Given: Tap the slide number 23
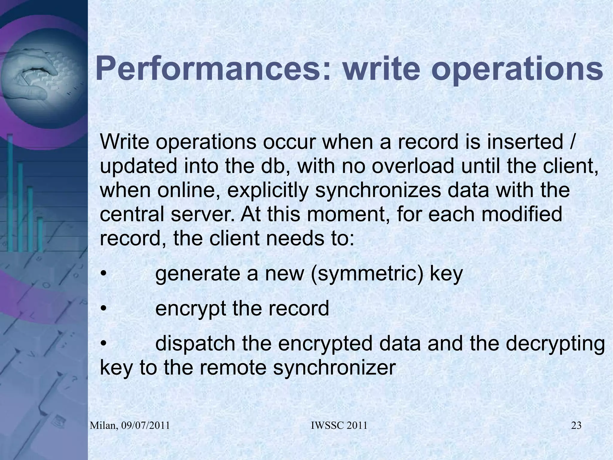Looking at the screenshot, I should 576,426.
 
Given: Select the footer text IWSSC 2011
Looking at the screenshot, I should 339,426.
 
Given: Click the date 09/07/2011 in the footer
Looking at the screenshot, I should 146,426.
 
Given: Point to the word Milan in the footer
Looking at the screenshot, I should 104,426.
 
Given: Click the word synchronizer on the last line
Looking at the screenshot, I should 334,368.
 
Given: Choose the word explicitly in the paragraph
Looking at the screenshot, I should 268,190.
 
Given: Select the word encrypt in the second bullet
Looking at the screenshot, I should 191,309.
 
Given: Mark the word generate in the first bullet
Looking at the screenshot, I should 198,274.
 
